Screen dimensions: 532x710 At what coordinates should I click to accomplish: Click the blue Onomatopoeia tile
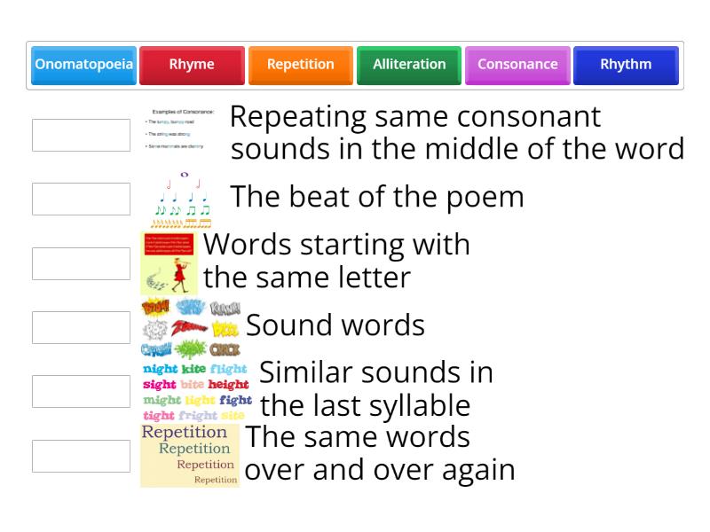(83, 65)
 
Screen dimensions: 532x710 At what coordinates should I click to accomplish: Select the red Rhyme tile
(192, 65)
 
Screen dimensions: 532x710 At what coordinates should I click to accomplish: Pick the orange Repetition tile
(301, 65)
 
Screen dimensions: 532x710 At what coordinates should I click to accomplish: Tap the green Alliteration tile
(409, 65)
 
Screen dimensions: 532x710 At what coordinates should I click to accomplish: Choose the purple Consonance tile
(517, 65)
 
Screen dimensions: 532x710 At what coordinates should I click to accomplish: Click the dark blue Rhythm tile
(626, 65)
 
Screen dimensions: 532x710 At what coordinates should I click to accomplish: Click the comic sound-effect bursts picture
(190, 327)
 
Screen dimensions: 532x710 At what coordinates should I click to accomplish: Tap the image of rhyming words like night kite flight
(196, 391)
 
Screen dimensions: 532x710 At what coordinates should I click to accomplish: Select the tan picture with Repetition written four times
(190, 456)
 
